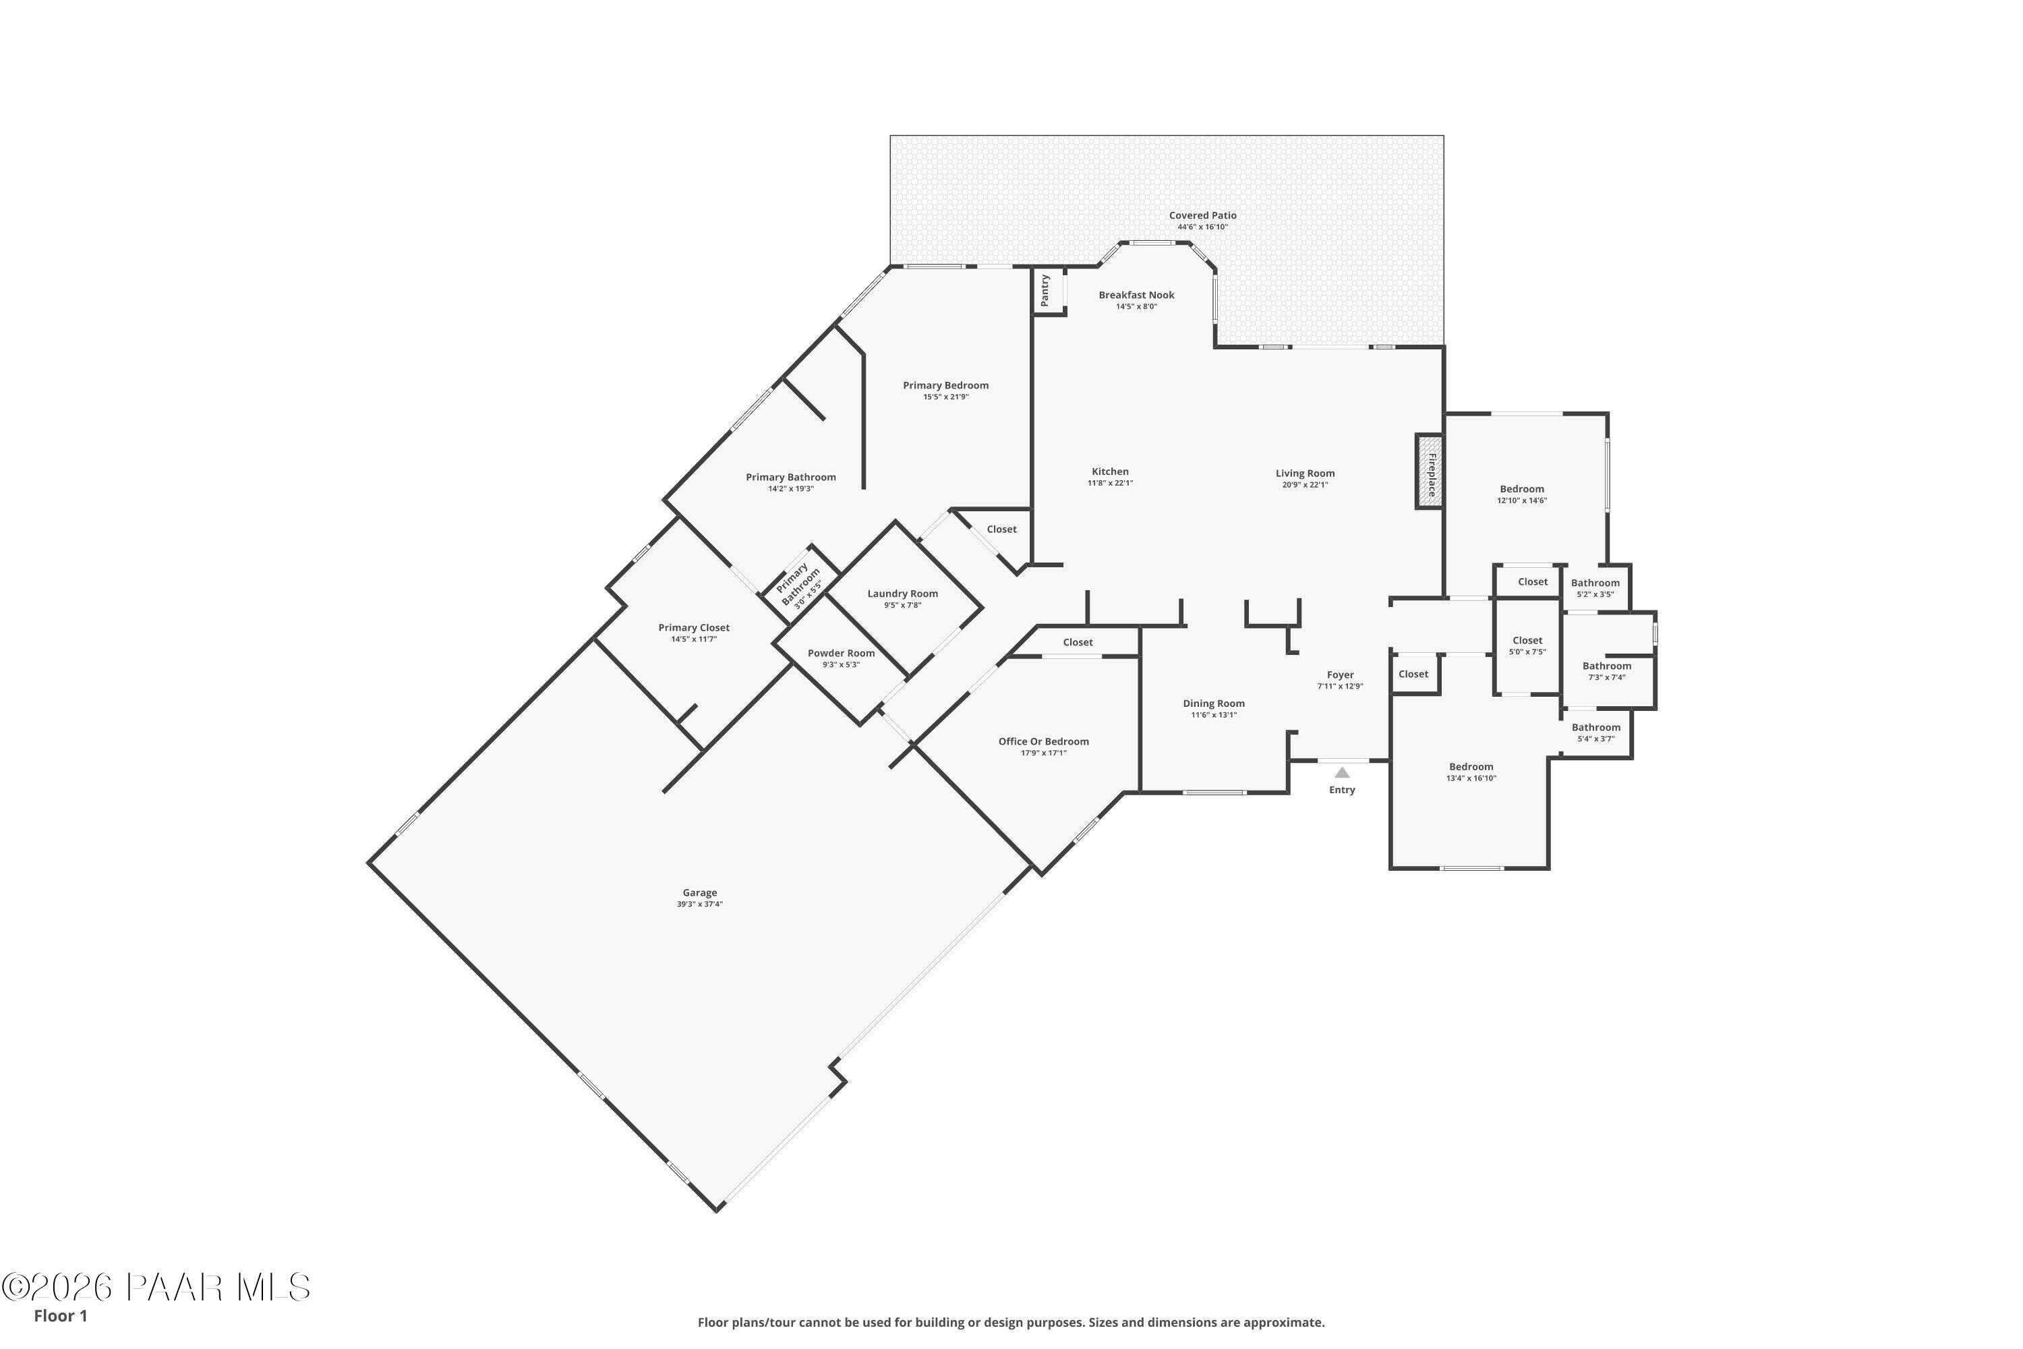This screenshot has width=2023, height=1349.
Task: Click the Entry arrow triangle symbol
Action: [1342, 772]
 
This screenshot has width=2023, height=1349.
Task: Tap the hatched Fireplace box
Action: [1429, 471]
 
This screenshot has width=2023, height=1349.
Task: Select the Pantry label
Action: [1045, 291]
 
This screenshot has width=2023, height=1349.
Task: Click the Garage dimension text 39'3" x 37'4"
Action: [699, 905]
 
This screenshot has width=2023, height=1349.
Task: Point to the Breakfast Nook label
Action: [1136, 295]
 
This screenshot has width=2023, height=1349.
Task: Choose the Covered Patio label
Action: [1202, 216]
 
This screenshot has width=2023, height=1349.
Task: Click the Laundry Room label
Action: [902, 594]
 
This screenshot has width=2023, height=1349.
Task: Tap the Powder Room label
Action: [840, 653]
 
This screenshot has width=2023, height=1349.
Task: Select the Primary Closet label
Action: [693, 627]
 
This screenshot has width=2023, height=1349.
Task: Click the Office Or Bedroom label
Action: [1043, 741]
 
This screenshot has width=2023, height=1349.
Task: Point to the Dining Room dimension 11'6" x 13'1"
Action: [1214, 715]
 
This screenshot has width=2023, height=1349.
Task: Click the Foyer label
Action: [1340, 675]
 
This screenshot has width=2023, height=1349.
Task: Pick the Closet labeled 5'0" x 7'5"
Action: [1527, 640]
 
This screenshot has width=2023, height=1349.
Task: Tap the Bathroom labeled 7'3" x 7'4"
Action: [1606, 666]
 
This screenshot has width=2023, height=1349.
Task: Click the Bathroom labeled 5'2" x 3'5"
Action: [1595, 583]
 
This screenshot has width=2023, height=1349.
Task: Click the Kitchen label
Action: [1109, 471]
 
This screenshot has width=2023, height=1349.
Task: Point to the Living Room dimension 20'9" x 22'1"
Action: [1305, 484]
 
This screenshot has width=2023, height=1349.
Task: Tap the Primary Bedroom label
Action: [945, 385]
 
